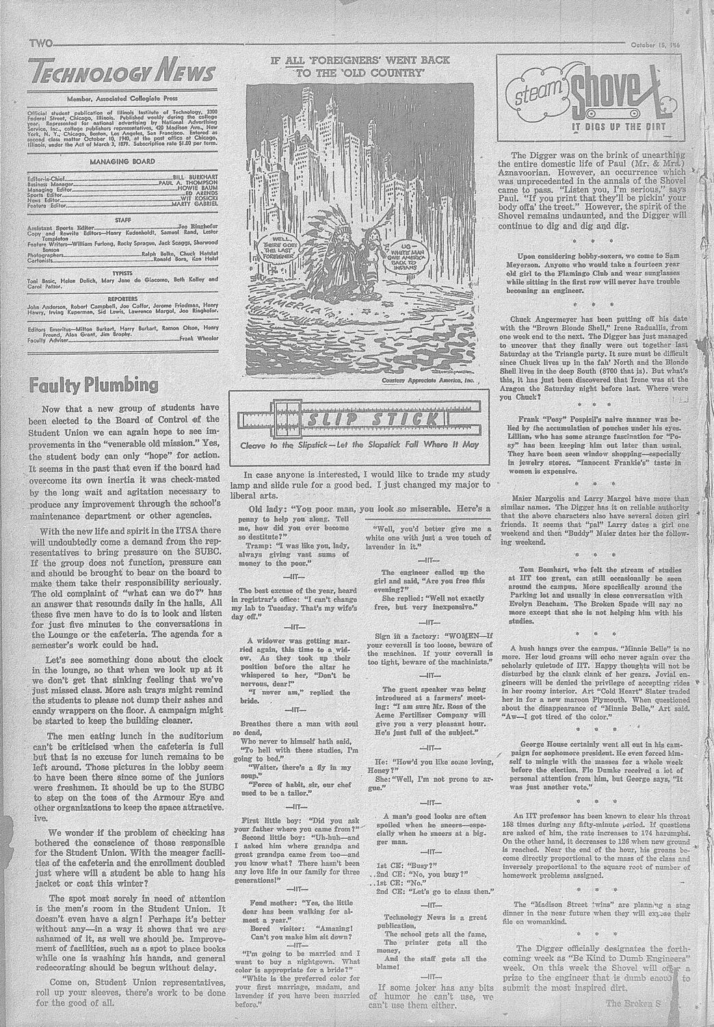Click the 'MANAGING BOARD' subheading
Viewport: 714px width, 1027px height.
pos(123,162)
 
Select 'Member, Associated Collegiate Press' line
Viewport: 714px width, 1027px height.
pos(123,99)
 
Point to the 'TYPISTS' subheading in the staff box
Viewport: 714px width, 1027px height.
pos(123,271)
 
